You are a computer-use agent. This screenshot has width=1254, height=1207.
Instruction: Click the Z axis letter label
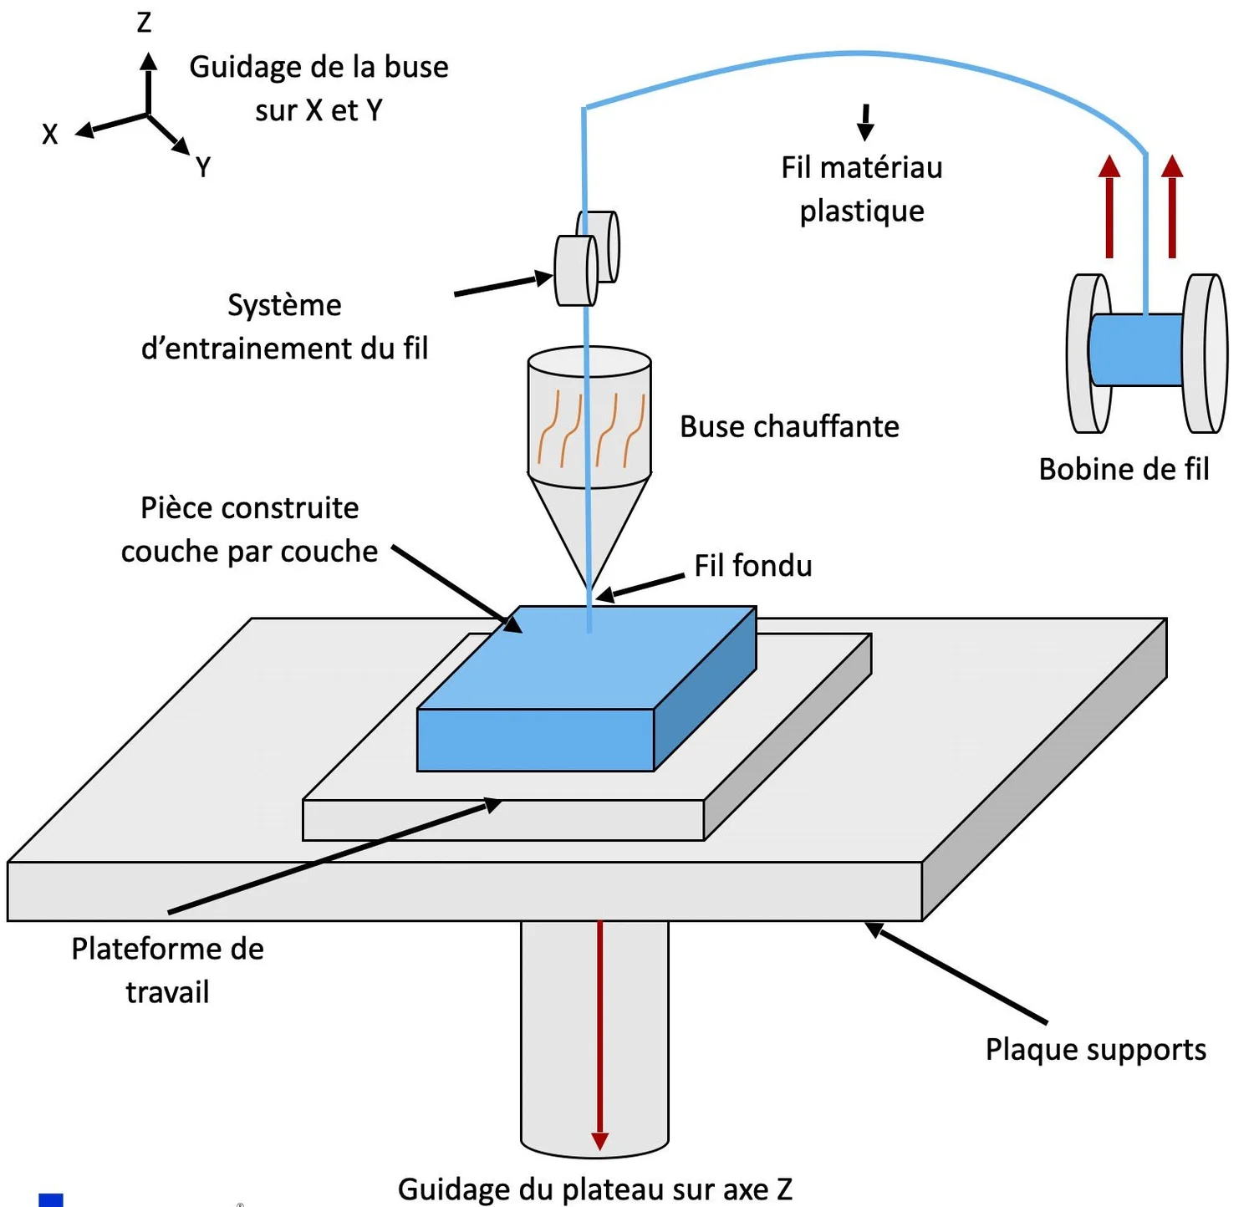click(x=144, y=23)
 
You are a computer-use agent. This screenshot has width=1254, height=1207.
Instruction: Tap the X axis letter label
click(x=50, y=134)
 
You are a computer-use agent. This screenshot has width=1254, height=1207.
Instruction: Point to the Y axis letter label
click(x=202, y=167)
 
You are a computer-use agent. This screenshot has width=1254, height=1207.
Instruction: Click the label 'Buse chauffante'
click(x=789, y=426)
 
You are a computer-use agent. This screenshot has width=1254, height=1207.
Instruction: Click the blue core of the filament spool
click(x=1135, y=349)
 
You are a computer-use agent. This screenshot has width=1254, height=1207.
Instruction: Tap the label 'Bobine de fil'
click(x=1124, y=469)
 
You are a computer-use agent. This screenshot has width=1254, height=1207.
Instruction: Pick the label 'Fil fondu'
click(x=752, y=566)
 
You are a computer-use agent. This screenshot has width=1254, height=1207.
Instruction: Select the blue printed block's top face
click(x=585, y=656)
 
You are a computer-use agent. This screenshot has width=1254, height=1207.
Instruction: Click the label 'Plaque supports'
click(x=1095, y=1049)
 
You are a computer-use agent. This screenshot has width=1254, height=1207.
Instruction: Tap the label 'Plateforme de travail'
click(x=167, y=970)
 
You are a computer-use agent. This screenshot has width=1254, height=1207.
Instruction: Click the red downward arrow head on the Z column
click(x=599, y=1141)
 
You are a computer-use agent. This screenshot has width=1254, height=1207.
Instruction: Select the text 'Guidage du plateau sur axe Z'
click(x=594, y=1188)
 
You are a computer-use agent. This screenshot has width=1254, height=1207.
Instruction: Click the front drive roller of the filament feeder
click(x=575, y=270)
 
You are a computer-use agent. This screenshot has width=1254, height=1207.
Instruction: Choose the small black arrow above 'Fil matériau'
click(x=866, y=122)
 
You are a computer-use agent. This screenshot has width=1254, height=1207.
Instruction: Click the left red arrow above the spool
click(x=1109, y=206)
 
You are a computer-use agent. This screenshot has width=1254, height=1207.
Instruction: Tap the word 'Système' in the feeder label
click(x=284, y=305)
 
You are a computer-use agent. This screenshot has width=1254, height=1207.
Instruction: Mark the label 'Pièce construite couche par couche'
click(x=249, y=529)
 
